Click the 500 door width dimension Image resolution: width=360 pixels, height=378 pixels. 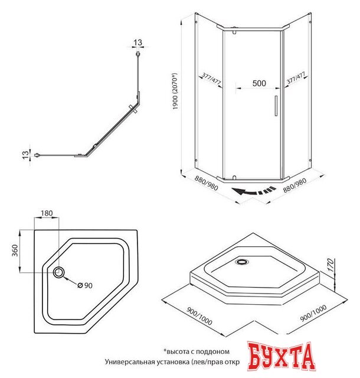[x=258, y=84]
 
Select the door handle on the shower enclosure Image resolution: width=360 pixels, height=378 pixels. [x=274, y=105]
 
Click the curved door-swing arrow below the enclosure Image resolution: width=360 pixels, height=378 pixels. [x=253, y=191]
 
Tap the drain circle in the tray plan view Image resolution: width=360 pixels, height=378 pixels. [x=60, y=272]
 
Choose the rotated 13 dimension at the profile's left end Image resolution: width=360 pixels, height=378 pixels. [x=25, y=155]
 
